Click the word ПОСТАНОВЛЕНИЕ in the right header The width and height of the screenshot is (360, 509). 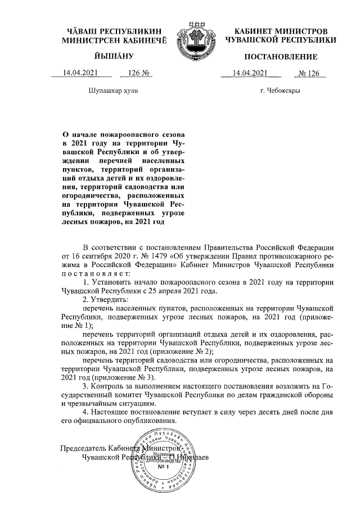281,57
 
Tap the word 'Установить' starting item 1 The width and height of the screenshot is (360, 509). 111,281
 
